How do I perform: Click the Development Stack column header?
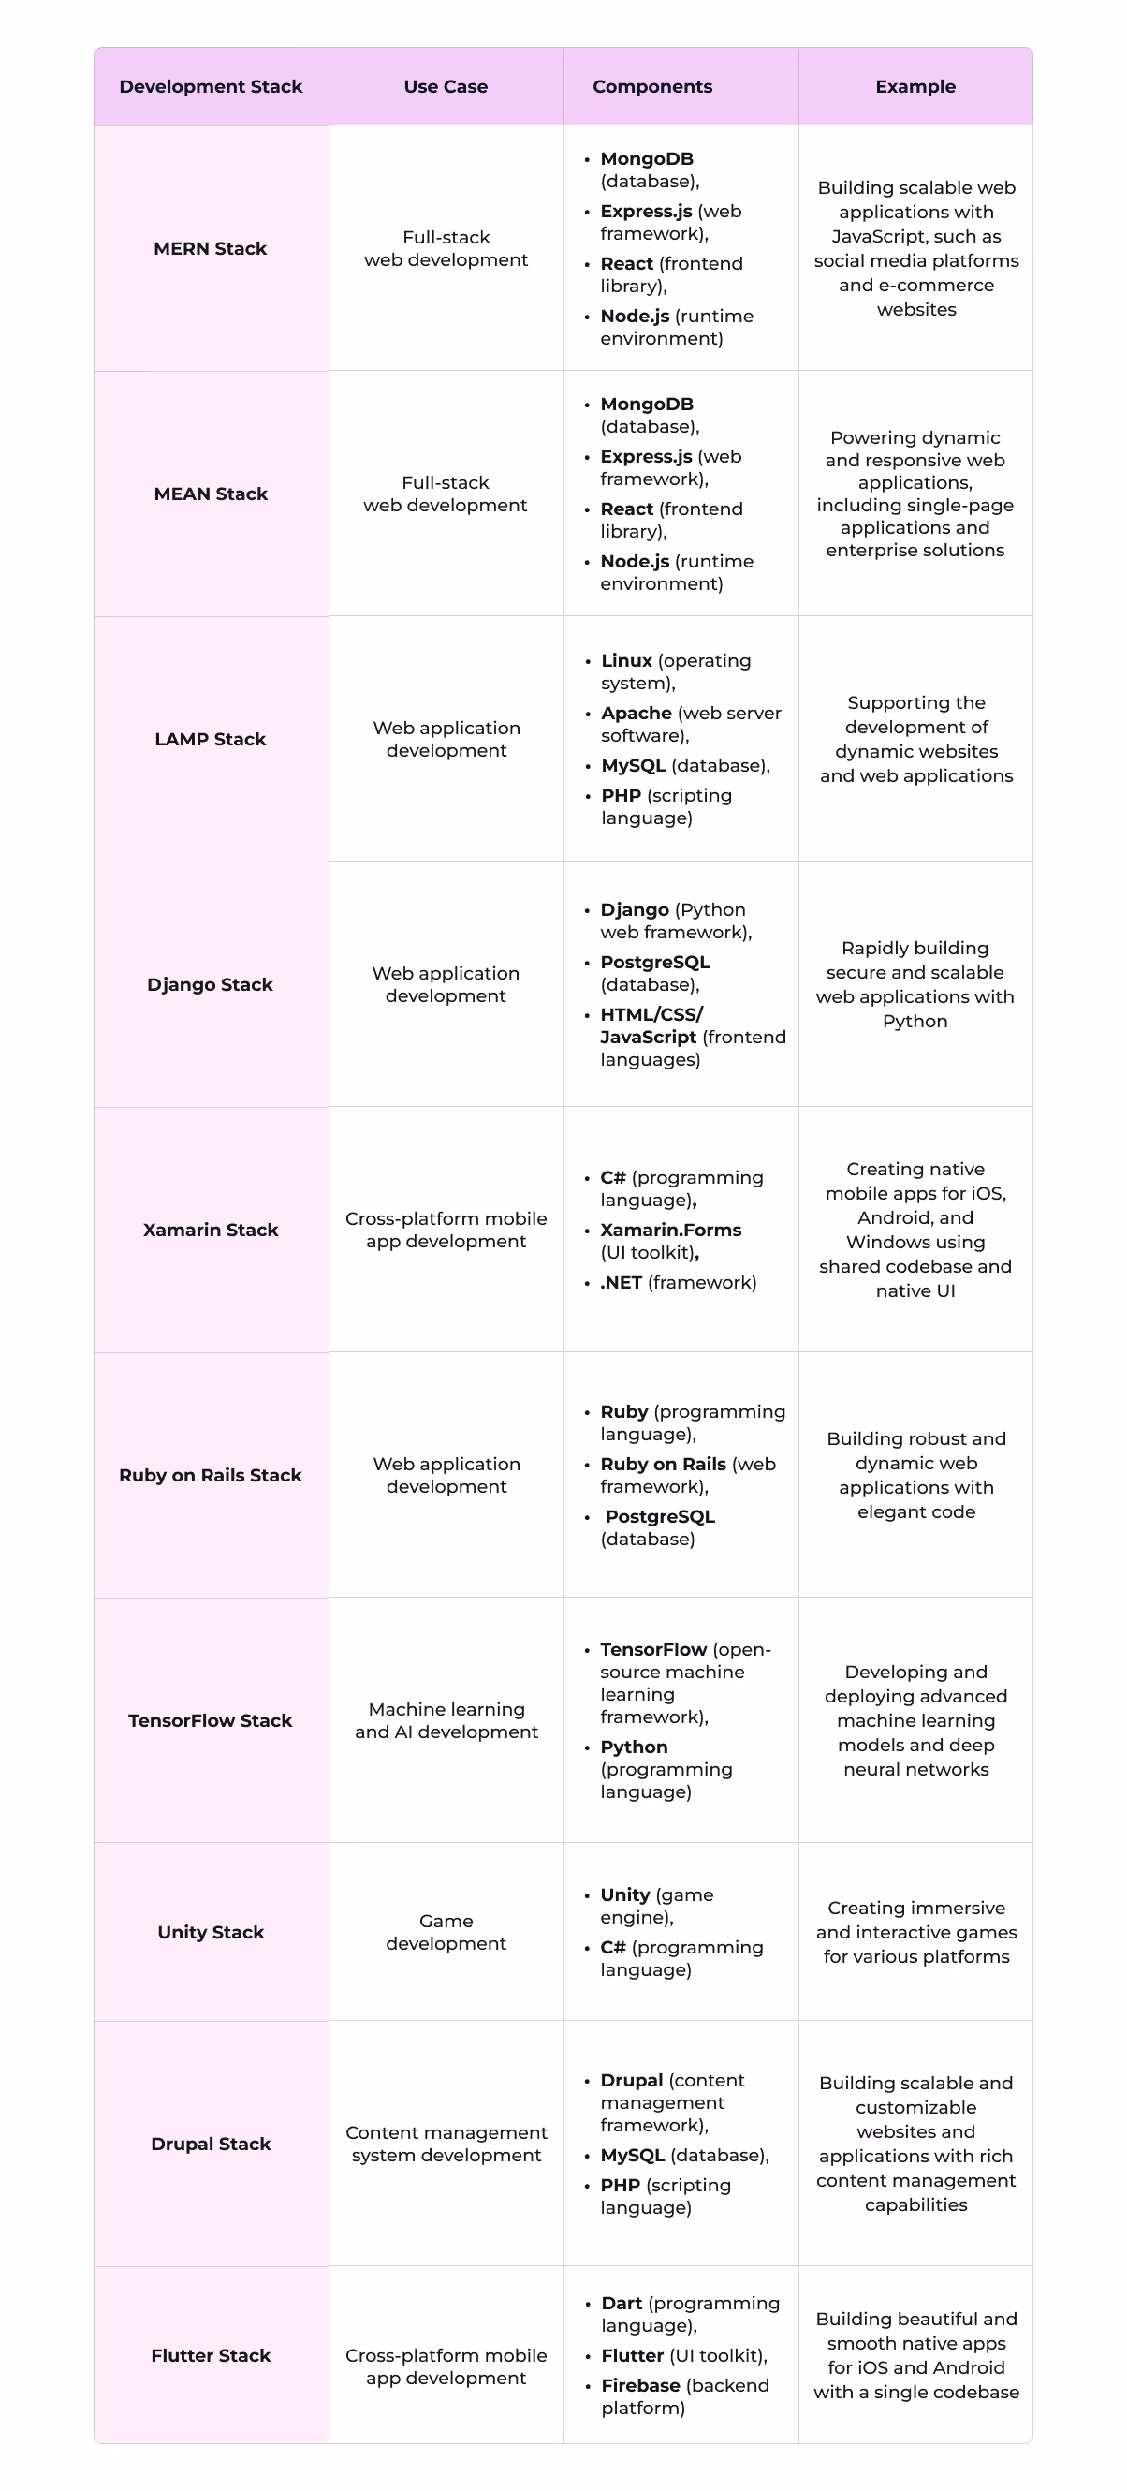(211, 86)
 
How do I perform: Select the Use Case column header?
(446, 86)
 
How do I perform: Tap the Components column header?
(652, 86)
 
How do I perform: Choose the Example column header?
(915, 86)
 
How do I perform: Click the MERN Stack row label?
(210, 248)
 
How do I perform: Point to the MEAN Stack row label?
(211, 494)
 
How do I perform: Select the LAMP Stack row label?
(210, 740)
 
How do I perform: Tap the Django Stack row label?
(210, 984)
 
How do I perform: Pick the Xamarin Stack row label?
(211, 1230)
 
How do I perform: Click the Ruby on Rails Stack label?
(210, 1476)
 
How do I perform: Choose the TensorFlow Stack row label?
(210, 1721)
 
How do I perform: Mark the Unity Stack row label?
(211, 1933)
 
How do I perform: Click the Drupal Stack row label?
(211, 2145)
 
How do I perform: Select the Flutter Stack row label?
(211, 2356)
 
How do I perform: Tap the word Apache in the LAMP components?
(636, 714)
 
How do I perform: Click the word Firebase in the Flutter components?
(640, 2386)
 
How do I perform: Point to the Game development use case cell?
(446, 1933)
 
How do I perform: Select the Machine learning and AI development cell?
(446, 1721)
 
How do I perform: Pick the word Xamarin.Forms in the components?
(671, 1230)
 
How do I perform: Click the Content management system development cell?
(446, 2145)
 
